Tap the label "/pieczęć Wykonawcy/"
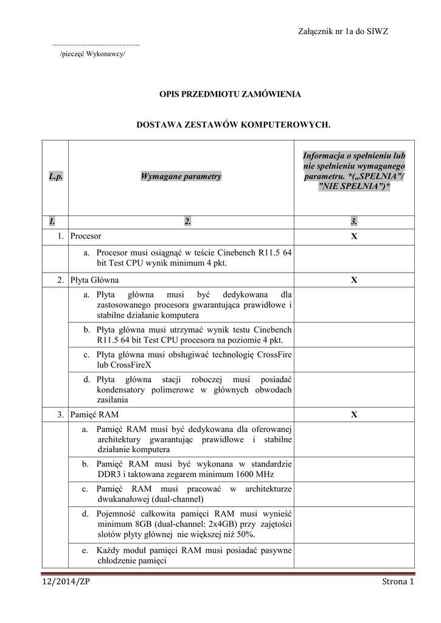point(92,54)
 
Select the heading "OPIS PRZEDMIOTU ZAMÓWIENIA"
point(229,94)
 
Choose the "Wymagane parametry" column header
point(181,176)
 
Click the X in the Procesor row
point(353,235)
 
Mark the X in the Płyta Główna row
point(353,280)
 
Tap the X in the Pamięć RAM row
point(353,415)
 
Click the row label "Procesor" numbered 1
point(86,235)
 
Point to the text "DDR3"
point(108,474)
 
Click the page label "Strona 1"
point(397,582)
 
